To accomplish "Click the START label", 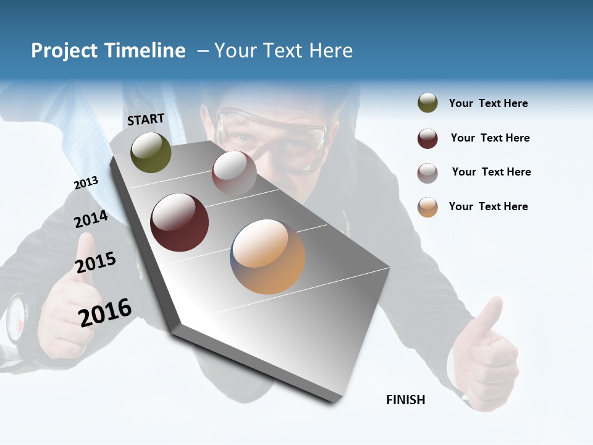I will click(x=146, y=119).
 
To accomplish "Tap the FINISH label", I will click(x=406, y=400).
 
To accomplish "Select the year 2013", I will click(x=86, y=182).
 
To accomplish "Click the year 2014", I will click(x=91, y=219).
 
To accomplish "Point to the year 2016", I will click(x=105, y=312).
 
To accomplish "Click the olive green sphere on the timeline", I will click(x=151, y=152).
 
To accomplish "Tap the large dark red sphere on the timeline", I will click(x=179, y=222).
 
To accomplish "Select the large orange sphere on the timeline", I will click(x=267, y=256).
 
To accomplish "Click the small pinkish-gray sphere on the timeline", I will click(x=234, y=173).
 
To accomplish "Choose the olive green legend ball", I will click(x=427, y=103).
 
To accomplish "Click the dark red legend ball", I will click(x=427, y=138).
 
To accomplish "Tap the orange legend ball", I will click(x=427, y=207).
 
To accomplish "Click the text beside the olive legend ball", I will click(x=488, y=103).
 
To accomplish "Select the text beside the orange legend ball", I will click(x=488, y=206).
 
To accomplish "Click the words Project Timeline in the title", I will click(x=108, y=51).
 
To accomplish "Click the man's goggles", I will click(x=272, y=139).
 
